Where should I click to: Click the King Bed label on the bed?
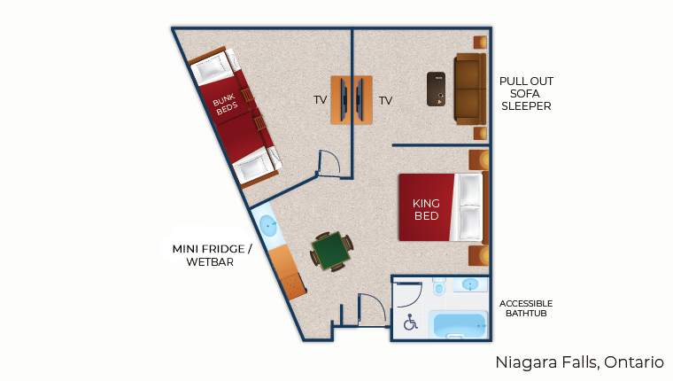point(426,209)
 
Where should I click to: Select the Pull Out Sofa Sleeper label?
point(526,93)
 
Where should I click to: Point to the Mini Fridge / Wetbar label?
point(212,255)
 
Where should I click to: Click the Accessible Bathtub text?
point(526,307)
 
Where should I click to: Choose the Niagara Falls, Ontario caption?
point(579,362)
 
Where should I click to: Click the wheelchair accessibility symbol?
point(411,323)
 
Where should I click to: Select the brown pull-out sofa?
point(469,89)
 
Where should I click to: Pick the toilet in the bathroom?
point(438,287)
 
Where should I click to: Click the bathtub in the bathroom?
point(458,325)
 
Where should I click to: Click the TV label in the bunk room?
point(320,100)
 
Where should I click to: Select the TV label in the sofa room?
point(385,100)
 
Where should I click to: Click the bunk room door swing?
point(329,163)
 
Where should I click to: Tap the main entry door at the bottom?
point(372,310)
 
